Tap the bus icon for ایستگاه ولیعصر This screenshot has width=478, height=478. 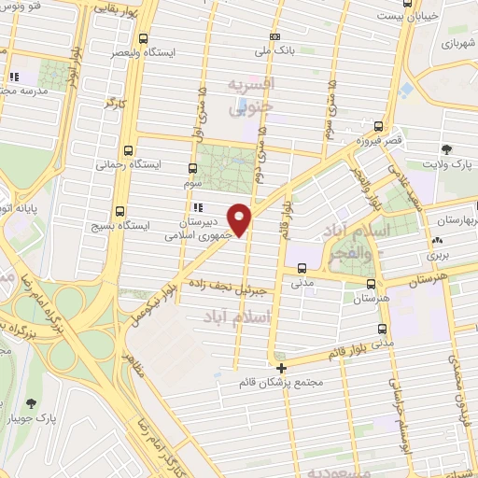click(x=143, y=39)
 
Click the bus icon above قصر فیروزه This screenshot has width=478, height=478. click(x=378, y=126)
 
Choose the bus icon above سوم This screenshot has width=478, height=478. click(x=192, y=169)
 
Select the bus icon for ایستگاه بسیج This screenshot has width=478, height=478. click(x=119, y=211)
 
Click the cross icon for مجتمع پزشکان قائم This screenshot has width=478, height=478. click(x=281, y=368)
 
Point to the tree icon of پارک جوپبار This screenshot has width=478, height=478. click(x=31, y=402)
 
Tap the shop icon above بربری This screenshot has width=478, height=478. click(x=438, y=240)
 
